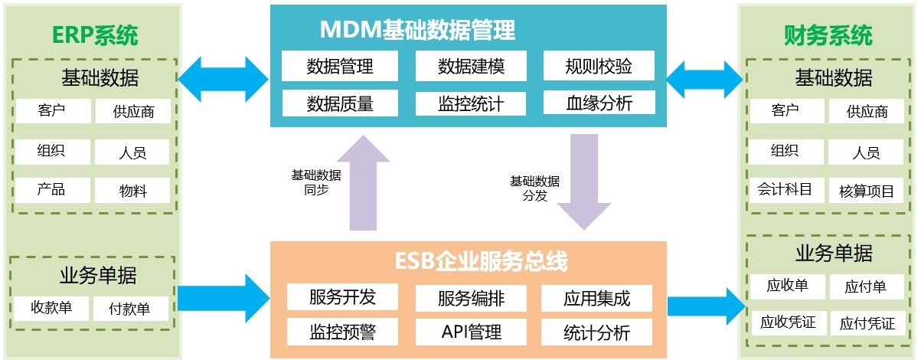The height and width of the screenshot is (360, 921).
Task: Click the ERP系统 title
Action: (95, 34)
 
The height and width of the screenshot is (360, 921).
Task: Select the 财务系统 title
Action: (828, 34)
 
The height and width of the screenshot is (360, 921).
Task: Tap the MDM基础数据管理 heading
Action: (417, 30)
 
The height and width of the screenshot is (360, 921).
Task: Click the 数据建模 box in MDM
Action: (471, 66)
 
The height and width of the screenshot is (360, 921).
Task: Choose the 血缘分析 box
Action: (599, 103)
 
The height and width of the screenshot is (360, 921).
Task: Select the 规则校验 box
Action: (599, 66)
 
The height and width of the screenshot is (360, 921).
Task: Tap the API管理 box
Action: (471, 332)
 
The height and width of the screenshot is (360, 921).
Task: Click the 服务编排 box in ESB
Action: (471, 297)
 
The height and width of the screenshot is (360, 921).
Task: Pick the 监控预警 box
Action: (342, 332)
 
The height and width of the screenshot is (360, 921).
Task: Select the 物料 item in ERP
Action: (132, 191)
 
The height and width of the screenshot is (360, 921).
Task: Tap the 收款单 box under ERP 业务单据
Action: (51, 308)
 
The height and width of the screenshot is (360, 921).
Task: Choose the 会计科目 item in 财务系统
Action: (785, 189)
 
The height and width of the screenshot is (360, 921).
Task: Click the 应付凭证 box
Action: (867, 323)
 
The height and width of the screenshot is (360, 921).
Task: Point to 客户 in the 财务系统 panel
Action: (785, 111)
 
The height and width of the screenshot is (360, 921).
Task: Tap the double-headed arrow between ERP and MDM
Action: (223, 78)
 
